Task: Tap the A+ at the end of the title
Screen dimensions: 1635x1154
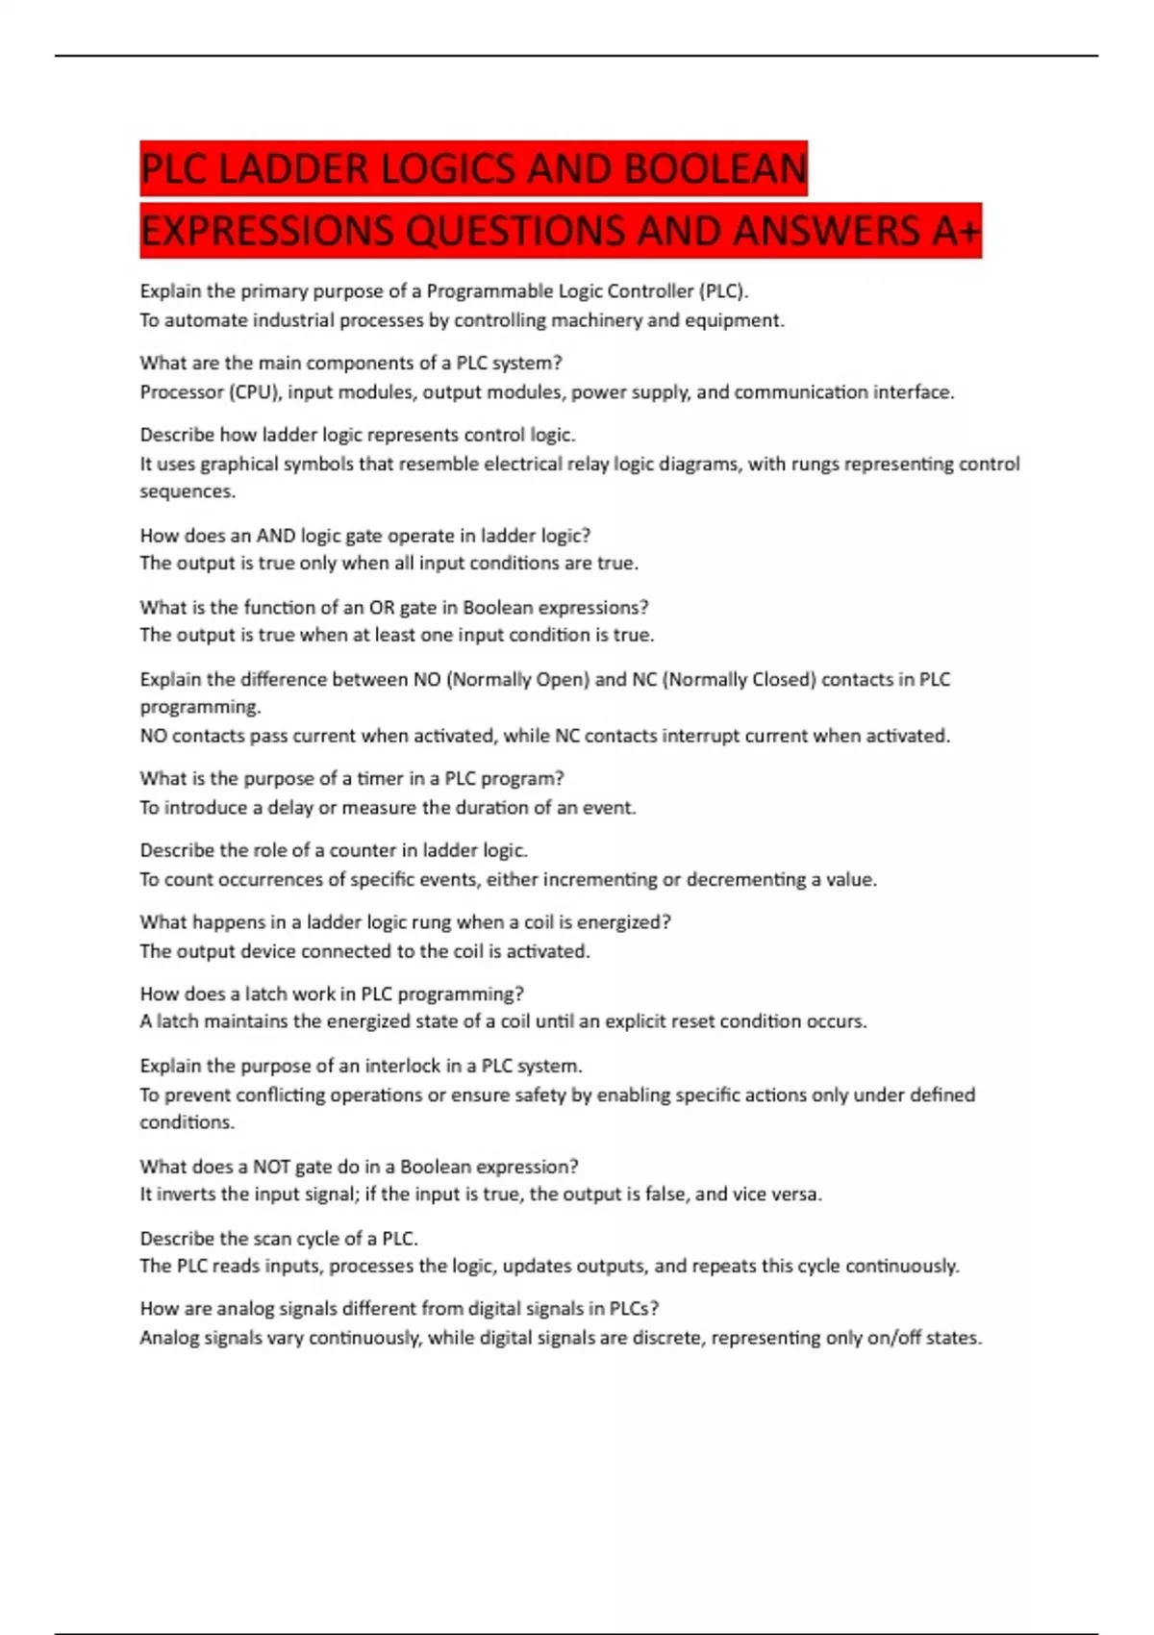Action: (956, 231)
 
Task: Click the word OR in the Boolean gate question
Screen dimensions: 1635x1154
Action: (382, 608)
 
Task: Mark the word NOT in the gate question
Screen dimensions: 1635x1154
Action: (271, 1167)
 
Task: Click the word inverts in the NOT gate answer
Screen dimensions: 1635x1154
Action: (186, 1195)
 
